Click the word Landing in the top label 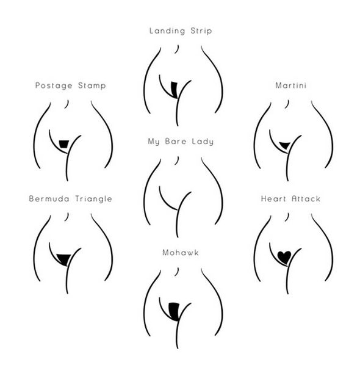point(167,31)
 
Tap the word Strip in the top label point(201,31)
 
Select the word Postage point(54,85)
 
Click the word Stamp point(92,85)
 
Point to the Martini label point(290,85)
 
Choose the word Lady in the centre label point(203,142)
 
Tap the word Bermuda point(49,198)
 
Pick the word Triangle point(93,199)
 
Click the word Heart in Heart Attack point(274,199)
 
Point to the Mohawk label point(181,253)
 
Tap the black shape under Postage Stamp point(63,144)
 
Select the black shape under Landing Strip point(175,90)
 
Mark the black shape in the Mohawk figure point(174,311)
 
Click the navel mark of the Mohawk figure point(177,272)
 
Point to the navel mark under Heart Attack point(287,217)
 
